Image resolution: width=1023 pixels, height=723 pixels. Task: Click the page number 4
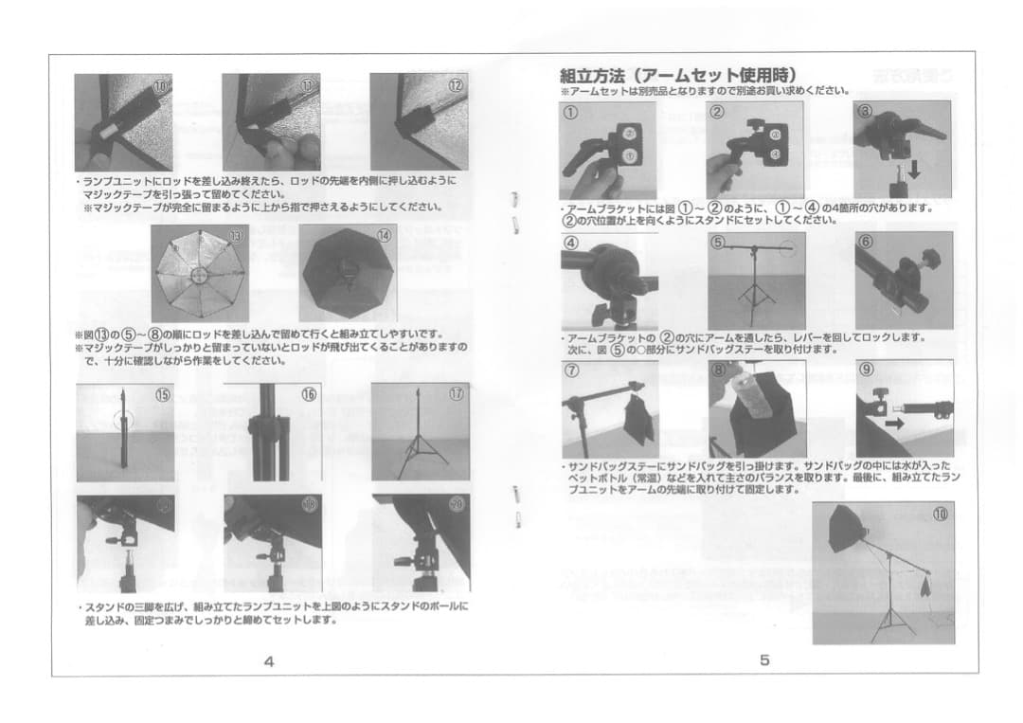(x=269, y=661)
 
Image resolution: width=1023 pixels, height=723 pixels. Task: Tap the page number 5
(x=764, y=661)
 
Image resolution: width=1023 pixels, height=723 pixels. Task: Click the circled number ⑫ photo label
(x=457, y=85)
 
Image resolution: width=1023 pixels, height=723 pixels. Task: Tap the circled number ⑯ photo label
(x=309, y=394)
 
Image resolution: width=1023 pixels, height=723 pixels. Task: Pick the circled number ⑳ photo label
(x=457, y=504)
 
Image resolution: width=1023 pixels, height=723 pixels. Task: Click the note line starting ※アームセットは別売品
(x=703, y=91)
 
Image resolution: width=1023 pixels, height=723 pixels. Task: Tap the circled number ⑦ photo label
(x=572, y=371)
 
